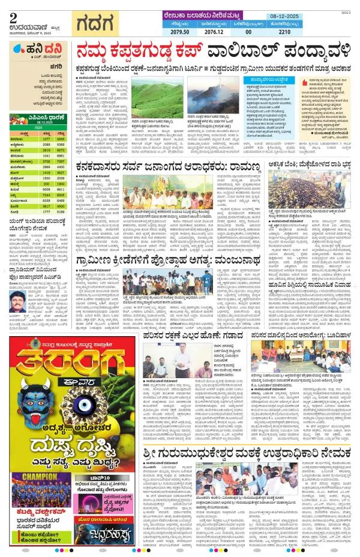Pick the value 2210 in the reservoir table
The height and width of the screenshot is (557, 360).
(x=316, y=29)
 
